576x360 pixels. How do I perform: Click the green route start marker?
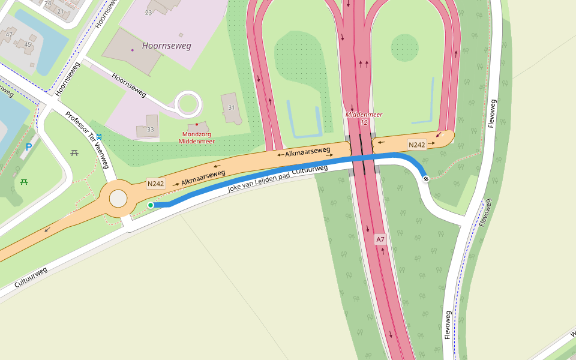151,205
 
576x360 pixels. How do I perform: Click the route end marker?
426,178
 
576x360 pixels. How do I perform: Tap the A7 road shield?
380,239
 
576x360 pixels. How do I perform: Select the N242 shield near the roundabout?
155,184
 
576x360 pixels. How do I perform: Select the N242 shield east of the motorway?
416,145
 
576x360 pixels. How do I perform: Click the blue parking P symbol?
28,146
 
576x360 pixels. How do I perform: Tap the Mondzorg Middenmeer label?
196,137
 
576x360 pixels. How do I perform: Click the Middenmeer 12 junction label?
364,118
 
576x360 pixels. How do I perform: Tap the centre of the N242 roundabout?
119,199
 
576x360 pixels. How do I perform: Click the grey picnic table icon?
74,153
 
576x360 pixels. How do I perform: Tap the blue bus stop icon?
99,137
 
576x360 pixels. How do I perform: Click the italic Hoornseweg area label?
166,46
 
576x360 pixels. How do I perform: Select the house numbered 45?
26,44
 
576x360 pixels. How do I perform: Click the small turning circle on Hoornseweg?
188,104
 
